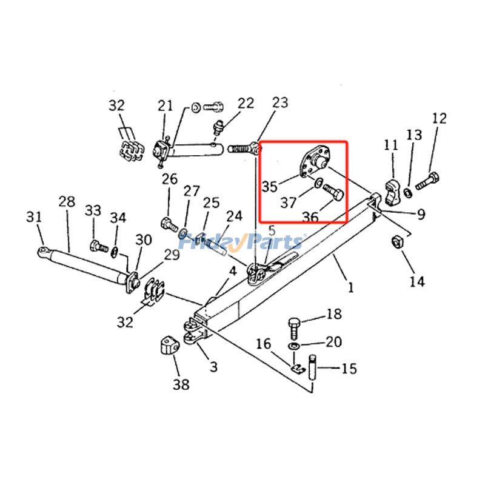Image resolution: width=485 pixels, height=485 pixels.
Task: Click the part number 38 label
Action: pyautogui.click(x=181, y=384)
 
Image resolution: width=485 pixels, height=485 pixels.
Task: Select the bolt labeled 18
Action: pyautogui.click(x=293, y=327)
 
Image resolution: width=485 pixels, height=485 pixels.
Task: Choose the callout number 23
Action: pyautogui.click(x=280, y=102)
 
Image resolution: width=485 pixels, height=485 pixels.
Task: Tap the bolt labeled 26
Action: pyautogui.click(x=167, y=223)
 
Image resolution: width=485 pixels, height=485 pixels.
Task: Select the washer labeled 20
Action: pyautogui.click(x=293, y=346)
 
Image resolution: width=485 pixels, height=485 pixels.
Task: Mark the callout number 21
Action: pyautogui.click(x=165, y=106)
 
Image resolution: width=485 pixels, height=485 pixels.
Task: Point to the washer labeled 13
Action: pyautogui.click(x=409, y=192)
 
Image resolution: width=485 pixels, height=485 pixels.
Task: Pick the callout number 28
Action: pyautogui.click(x=67, y=201)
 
